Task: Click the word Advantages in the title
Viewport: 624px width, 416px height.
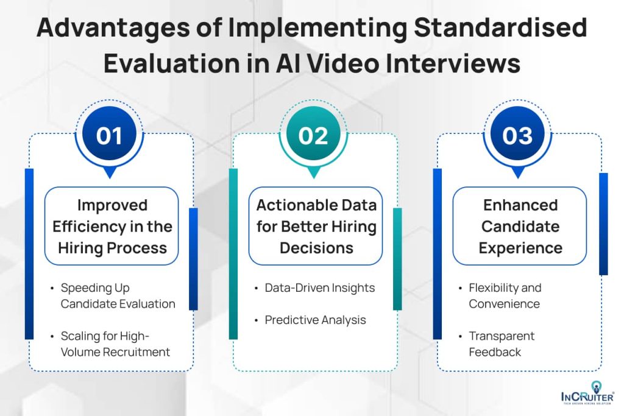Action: (x=113, y=29)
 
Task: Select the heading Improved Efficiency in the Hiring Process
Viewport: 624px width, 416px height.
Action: (x=113, y=227)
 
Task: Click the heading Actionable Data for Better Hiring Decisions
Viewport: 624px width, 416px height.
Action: (x=316, y=227)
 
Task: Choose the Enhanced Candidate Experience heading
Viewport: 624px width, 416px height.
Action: (x=520, y=227)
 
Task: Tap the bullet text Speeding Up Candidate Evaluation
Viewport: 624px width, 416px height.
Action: (x=118, y=296)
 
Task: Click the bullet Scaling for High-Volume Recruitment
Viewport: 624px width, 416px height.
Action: (x=115, y=344)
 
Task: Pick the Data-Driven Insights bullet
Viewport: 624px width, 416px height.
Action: (x=319, y=287)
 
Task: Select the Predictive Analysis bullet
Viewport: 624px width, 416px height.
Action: (x=315, y=320)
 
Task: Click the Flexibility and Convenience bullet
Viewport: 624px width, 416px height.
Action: (x=505, y=296)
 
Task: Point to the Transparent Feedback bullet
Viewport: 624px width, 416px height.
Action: (x=502, y=344)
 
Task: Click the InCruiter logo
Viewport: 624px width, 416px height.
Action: (x=588, y=393)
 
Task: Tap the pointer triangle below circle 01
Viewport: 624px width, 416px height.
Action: (x=110, y=172)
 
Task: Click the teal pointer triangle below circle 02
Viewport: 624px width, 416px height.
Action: (x=314, y=172)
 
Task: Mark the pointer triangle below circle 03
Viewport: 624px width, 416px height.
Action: (x=518, y=172)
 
